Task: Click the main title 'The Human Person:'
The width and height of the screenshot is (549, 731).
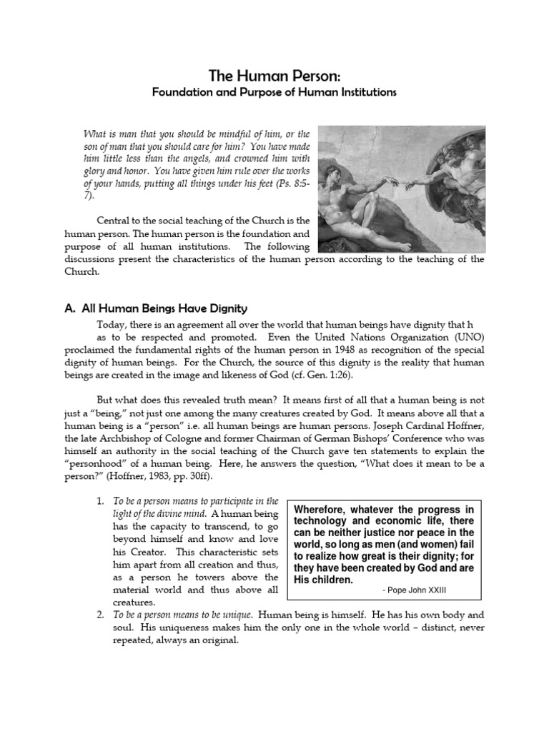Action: click(x=274, y=76)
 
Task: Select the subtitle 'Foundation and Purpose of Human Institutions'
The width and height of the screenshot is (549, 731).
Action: click(x=274, y=93)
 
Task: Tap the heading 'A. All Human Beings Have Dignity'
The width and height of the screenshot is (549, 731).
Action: click(x=156, y=308)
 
